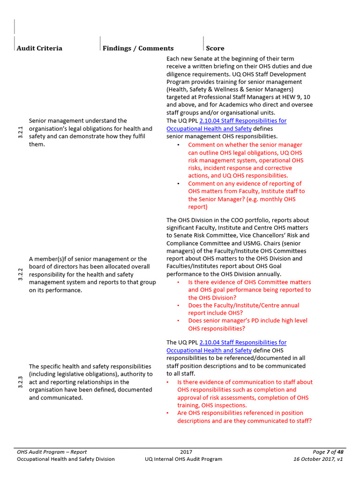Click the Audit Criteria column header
pyautogui.click(x=39, y=48)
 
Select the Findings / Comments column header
pyautogui.click(x=138, y=48)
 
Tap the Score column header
pyautogui.click(x=215, y=48)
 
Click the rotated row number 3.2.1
pyautogui.click(x=20, y=133)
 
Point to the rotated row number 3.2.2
pyautogui.click(x=20, y=274)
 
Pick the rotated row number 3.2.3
pyautogui.click(x=20, y=382)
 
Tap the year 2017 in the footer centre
pyautogui.click(x=186, y=452)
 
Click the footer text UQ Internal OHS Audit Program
pyautogui.click(x=183, y=459)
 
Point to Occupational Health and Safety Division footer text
pyautogui.click(x=66, y=459)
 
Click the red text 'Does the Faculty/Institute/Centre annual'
pyautogui.click(x=243, y=305)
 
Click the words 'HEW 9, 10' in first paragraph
pyautogui.click(x=294, y=97)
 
